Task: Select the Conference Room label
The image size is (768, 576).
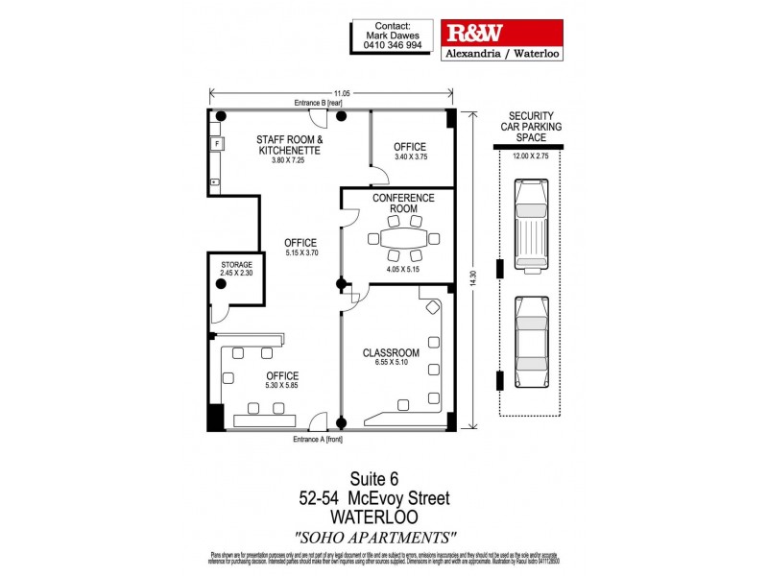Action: (x=403, y=204)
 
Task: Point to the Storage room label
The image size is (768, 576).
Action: (x=235, y=265)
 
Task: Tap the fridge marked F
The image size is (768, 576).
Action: (x=217, y=144)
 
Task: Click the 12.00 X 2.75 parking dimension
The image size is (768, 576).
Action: (x=530, y=156)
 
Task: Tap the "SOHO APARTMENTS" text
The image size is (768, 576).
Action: (x=375, y=536)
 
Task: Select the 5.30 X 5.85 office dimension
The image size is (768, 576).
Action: (x=281, y=386)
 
